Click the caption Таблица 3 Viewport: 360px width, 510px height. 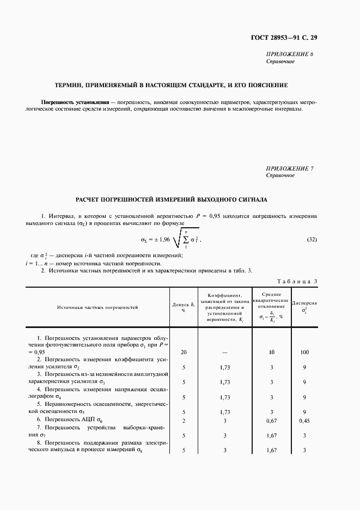[x=297, y=281]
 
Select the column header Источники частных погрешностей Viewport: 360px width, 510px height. [x=97, y=307]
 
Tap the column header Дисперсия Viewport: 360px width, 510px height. [x=304, y=303]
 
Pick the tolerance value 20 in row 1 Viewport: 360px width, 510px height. [x=184, y=353]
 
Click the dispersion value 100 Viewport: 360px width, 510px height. [x=304, y=353]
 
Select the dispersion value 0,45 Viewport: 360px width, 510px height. [x=304, y=421]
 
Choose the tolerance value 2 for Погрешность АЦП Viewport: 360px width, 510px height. [x=184, y=421]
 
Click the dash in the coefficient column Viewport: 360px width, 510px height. [x=224, y=353]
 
